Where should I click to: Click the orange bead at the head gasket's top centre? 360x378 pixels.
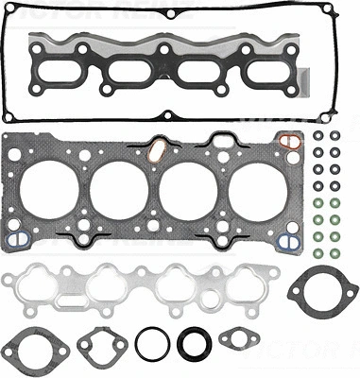point(157,146)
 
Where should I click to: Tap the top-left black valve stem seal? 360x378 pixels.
point(318,136)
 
